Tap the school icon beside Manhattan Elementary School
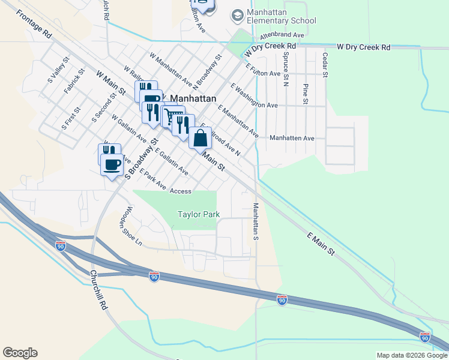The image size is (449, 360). click(238, 14)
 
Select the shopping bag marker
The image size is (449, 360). click(200, 138)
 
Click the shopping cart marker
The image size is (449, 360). click(173, 115)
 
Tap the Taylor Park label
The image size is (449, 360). click(199, 214)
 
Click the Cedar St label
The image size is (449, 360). click(325, 65)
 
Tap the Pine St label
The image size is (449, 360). click(305, 94)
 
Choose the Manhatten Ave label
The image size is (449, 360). click(292, 138)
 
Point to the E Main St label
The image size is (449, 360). click(321, 244)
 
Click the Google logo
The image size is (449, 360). click(20, 353)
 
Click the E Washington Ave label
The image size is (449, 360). click(253, 95)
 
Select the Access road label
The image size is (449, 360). click(180, 191)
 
